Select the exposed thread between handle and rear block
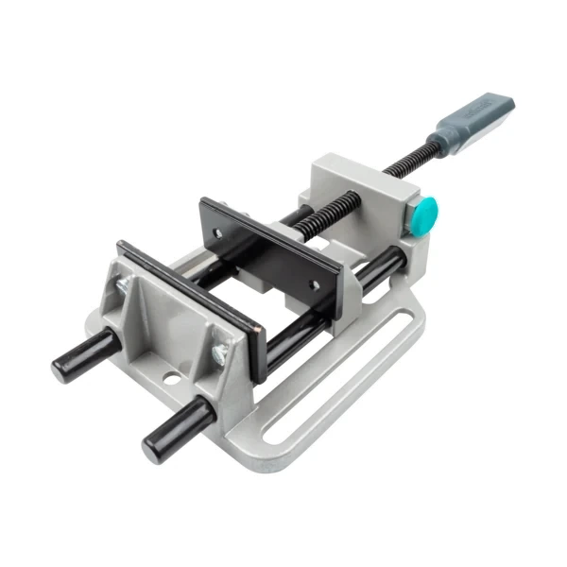point(407,159)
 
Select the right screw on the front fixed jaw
point(219,352)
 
